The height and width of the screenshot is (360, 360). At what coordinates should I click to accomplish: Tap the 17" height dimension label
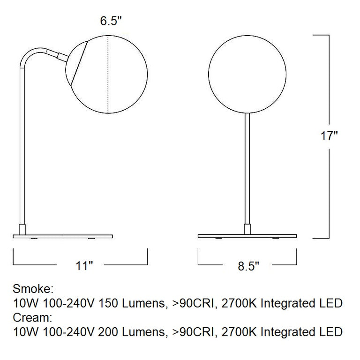tap(329, 136)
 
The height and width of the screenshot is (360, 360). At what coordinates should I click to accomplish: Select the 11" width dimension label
tap(84, 266)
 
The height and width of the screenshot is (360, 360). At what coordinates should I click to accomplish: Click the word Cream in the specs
tap(28, 318)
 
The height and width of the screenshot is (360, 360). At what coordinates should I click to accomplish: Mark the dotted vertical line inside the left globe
tap(109, 75)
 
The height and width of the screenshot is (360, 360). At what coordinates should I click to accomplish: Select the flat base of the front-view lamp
tap(247, 234)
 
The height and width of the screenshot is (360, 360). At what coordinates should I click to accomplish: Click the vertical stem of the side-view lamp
tap(22, 141)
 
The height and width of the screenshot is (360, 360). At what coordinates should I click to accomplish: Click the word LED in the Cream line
tap(333, 333)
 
